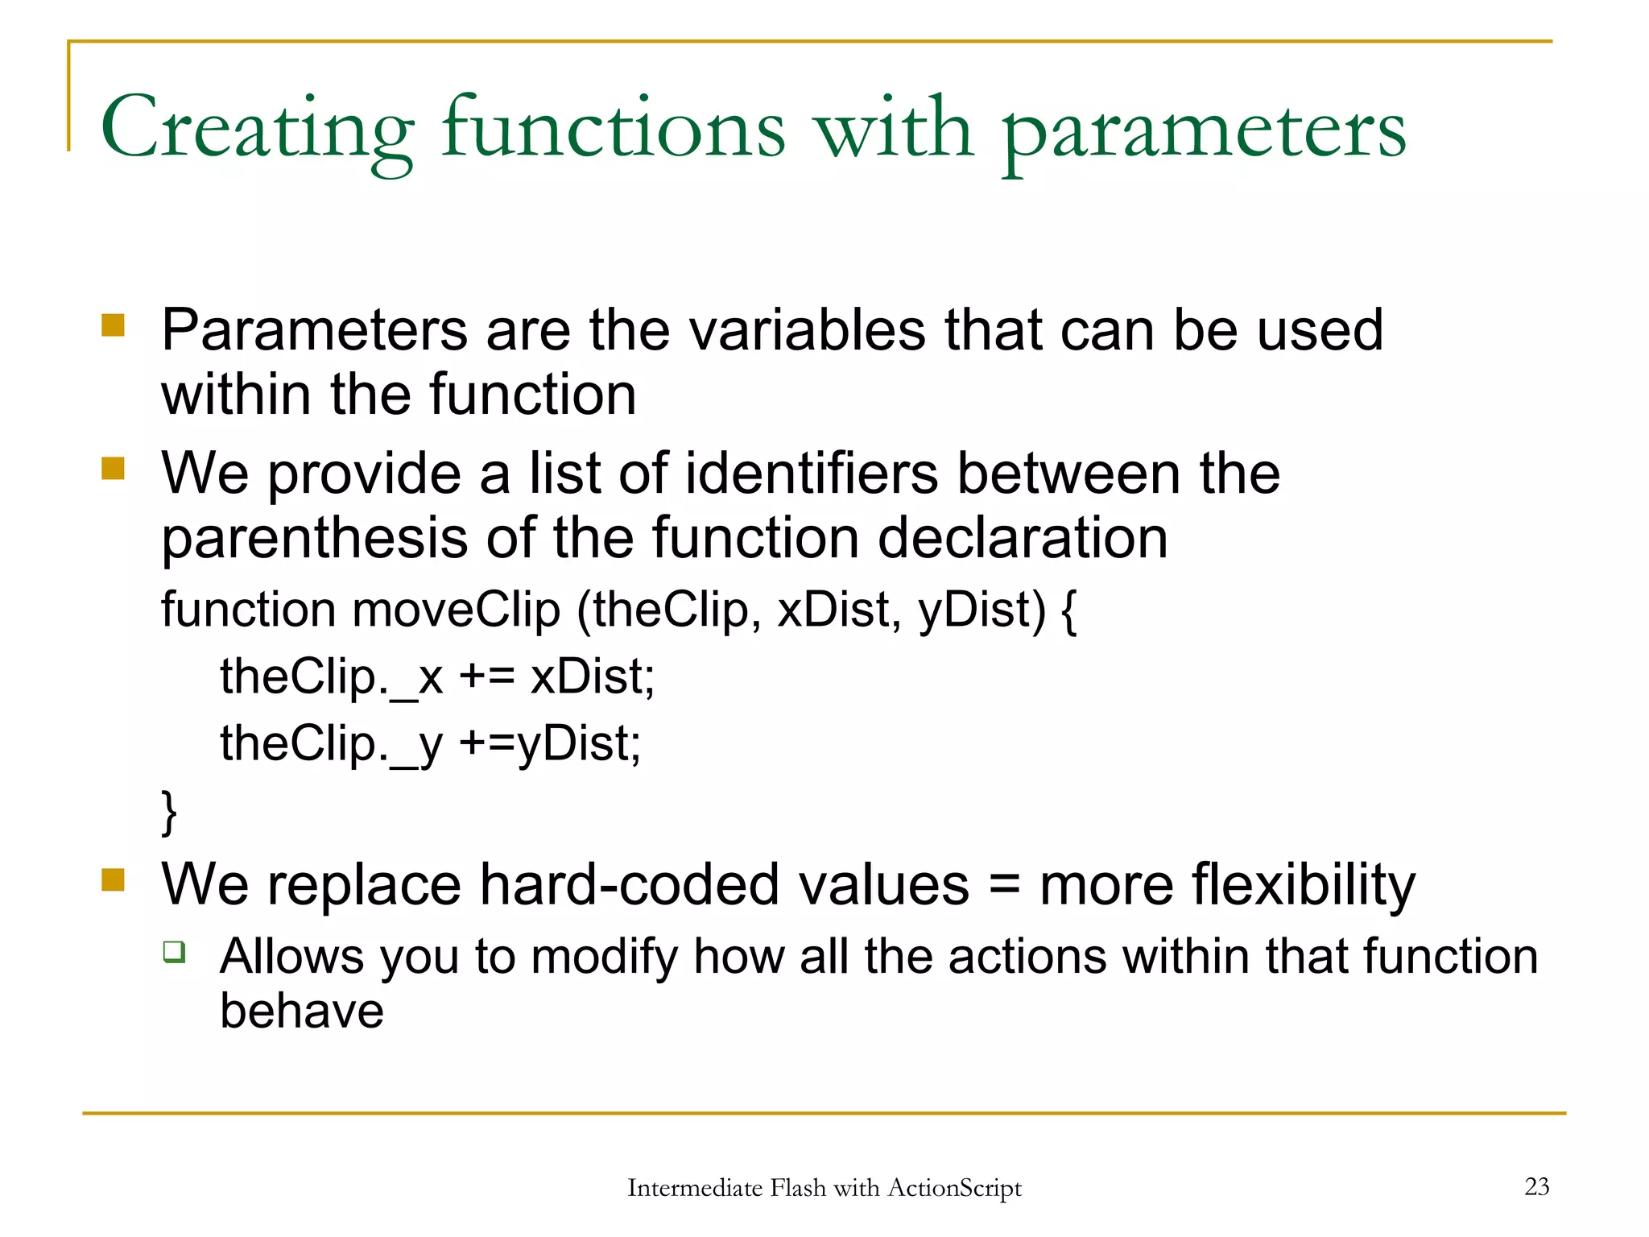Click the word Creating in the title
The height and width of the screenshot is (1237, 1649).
256,129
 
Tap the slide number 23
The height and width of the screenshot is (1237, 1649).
1536,1186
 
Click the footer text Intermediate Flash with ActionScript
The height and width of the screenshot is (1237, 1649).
824,1188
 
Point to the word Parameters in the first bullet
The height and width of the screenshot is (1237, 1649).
314,330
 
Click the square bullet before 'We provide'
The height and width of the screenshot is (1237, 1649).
114,469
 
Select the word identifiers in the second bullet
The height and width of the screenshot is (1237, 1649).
812,474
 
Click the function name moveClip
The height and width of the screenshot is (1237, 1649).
456,610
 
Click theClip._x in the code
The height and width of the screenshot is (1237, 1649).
331,676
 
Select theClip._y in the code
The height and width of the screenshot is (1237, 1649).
331,743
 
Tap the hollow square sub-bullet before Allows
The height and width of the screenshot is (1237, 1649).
174,952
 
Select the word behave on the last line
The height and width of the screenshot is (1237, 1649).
302,1012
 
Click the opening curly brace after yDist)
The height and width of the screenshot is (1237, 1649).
1068,611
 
